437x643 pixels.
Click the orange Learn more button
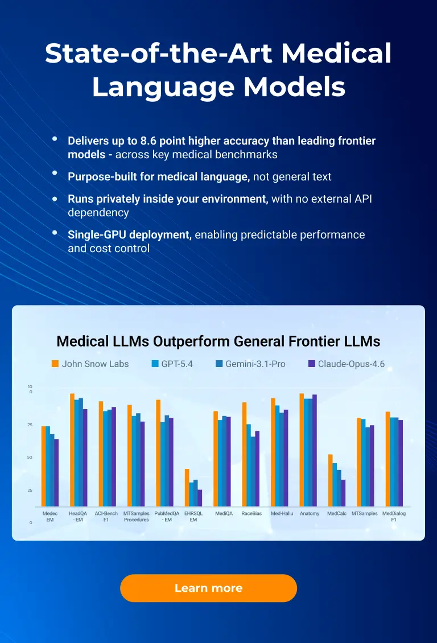coord(208,588)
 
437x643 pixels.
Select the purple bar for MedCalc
coord(343,493)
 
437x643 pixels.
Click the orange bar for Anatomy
coord(302,450)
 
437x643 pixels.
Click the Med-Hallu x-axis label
coord(281,513)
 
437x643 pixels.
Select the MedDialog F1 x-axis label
coord(394,516)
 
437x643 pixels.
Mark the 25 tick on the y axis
coord(30,490)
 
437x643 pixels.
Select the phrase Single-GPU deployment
coord(129,234)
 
